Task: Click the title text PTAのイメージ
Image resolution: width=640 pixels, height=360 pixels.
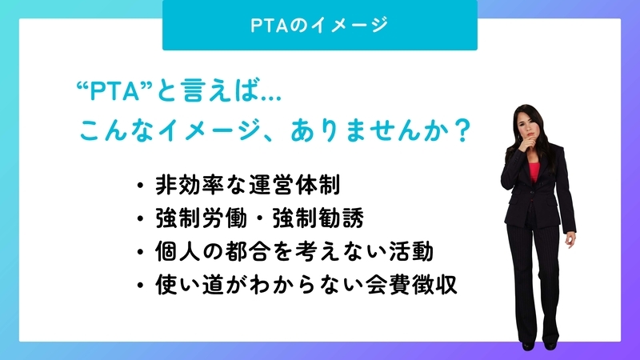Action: (x=319, y=25)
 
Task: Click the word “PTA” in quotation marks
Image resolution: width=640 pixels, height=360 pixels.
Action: (x=114, y=90)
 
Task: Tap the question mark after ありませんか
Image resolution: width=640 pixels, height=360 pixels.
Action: (x=462, y=130)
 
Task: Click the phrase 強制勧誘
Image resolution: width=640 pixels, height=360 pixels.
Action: (x=318, y=218)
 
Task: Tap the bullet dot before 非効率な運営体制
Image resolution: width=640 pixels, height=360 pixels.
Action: (x=141, y=186)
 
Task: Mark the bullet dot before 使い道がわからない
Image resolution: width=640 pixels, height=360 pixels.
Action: (x=141, y=286)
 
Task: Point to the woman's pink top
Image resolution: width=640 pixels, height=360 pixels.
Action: (x=534, y=171)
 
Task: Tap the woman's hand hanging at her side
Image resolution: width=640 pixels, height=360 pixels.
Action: (x=570, y=239)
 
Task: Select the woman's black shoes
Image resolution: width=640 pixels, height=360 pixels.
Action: (x=538, y=346)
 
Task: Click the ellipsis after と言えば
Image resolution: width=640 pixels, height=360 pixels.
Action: (x=270, y=98)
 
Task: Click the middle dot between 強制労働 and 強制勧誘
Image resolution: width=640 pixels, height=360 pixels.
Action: (x=260, y=218)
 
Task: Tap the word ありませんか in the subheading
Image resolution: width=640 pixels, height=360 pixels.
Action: (x=370, y=130)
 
